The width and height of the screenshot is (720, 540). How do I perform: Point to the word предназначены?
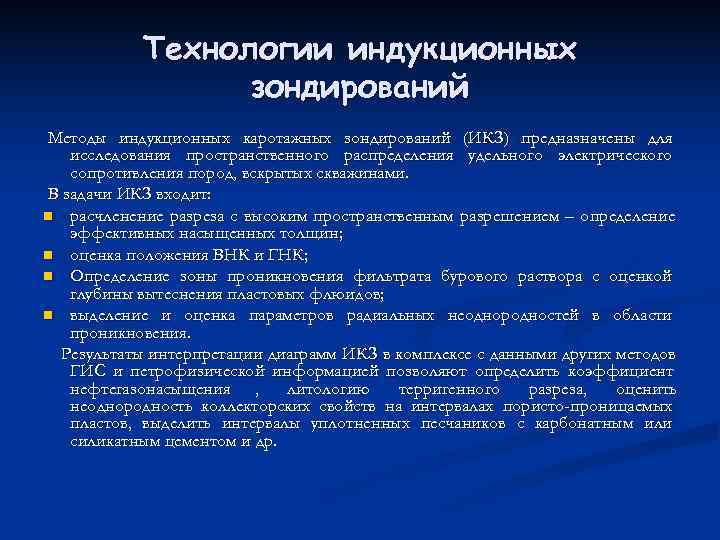[x=558, y=136]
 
